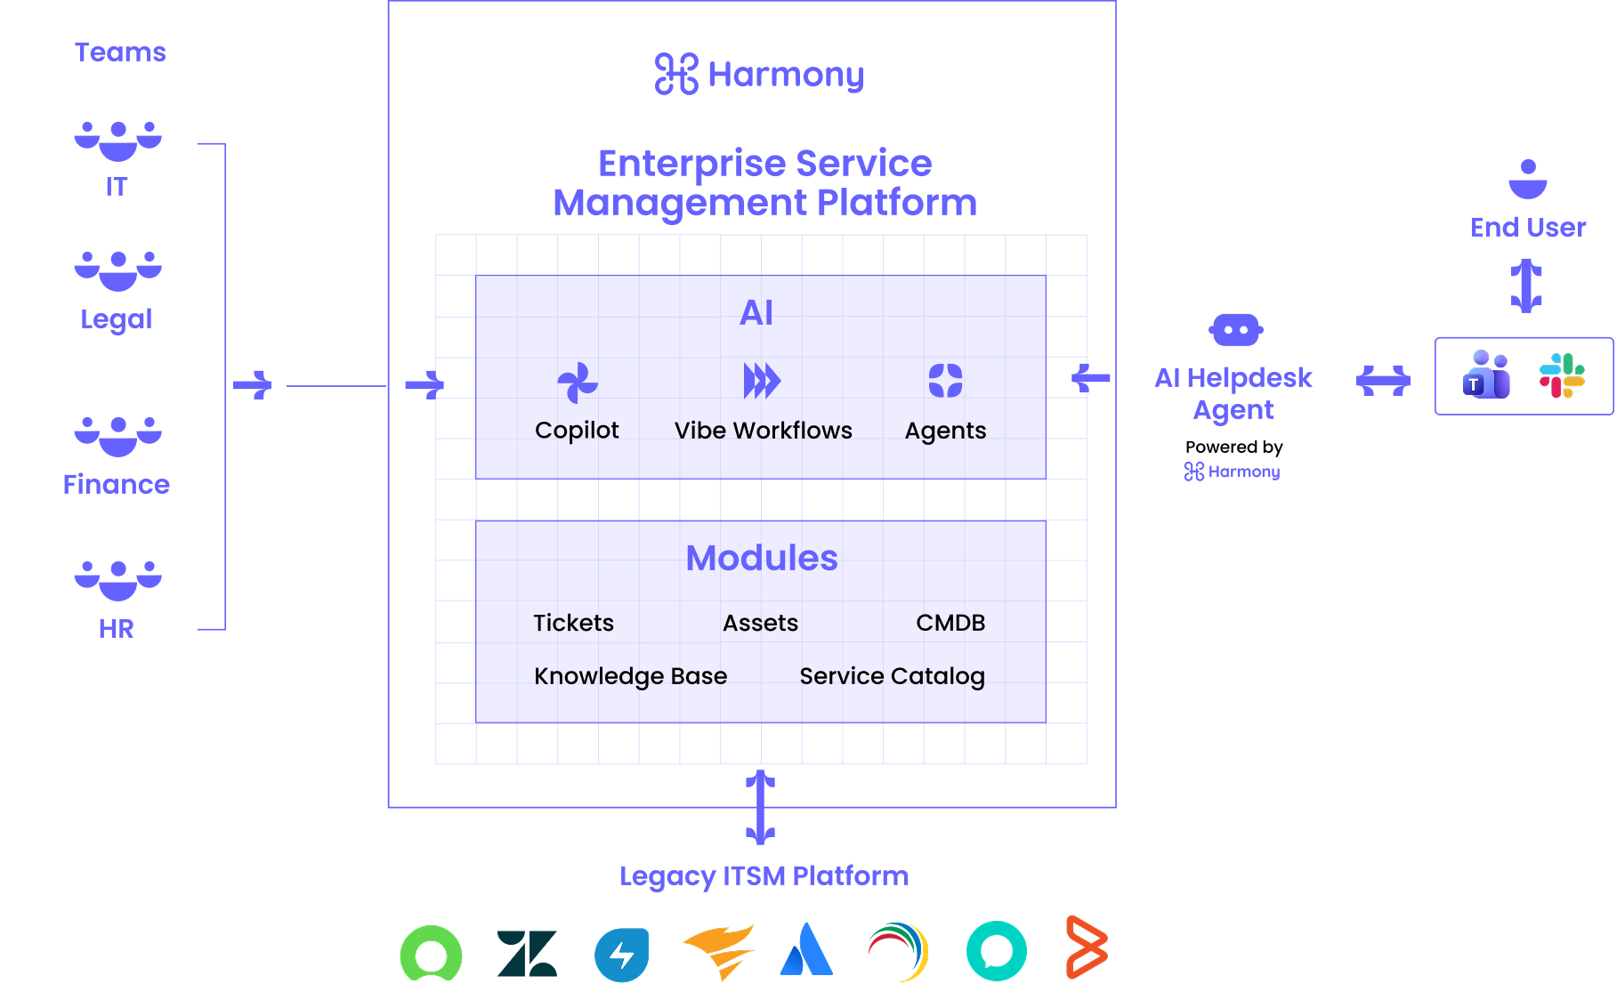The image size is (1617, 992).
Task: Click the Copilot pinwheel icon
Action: [577, 383]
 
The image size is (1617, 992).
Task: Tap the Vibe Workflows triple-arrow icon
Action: [762, 381]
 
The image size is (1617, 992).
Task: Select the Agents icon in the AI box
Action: [945, 381]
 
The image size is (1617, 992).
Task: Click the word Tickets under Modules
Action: [573, 623]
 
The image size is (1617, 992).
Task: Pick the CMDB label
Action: [950, 623]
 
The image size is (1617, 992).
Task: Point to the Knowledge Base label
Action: [630, 676]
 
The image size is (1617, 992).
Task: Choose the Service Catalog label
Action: [892, 676]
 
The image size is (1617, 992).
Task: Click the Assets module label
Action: [760, 623]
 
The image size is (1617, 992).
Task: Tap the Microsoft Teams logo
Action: [1486, 375]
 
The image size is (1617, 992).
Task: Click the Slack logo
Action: [1562, 375]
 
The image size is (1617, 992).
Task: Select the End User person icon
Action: [1528, 179]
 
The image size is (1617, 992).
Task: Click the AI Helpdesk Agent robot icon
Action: [1235, 330]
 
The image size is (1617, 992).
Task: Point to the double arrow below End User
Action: [1526, 285]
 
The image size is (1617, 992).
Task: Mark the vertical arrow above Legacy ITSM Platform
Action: [760, 807]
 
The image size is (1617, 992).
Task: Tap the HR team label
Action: [117, 629]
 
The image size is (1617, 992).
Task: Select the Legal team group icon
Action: [117, 270]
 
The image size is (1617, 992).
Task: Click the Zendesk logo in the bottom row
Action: [527, 953]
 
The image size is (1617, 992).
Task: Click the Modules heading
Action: [762, 558]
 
